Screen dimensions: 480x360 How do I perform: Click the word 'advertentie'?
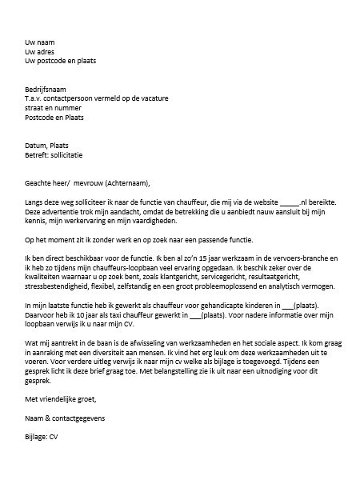[64, 214]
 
